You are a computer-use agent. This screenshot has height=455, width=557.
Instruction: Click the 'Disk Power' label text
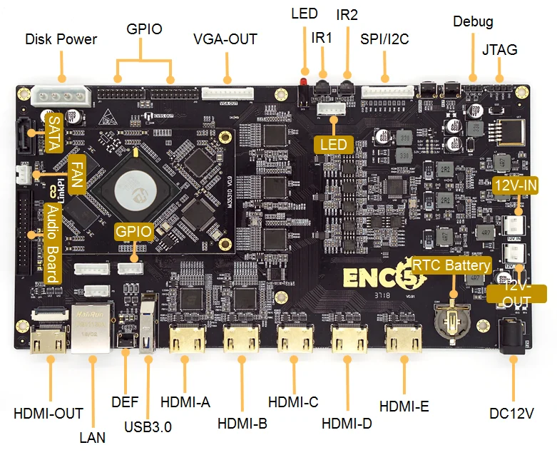click(61, 39)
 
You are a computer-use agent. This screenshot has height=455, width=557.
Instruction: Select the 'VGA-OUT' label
click(225, 39)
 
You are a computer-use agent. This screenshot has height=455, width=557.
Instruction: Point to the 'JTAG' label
click(499, 50)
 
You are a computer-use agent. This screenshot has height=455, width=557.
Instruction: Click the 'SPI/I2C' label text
click(384, 39)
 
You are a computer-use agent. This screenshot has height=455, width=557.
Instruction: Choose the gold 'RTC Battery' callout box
click(454, 265)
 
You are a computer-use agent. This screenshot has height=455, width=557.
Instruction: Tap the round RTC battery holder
click(452, 316)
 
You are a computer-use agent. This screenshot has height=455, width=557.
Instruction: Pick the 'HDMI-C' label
click(293, 402)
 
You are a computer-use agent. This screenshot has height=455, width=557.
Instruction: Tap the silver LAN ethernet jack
click(90, 329)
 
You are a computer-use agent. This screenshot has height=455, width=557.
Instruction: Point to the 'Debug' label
click(473, 21)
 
